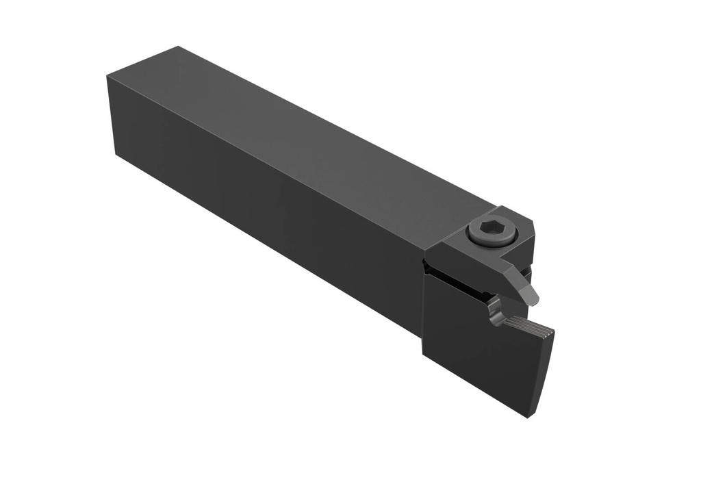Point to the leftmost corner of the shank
click(x=107, y=77)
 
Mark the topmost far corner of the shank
click(x=178, y=47)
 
